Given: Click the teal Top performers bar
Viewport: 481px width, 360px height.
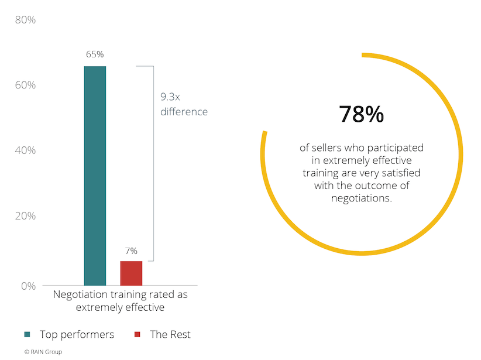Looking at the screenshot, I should pos(95,176).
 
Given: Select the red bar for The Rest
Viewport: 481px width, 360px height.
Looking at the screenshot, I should pos(131,273).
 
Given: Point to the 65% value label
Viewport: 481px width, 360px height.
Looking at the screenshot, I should pos(95,54).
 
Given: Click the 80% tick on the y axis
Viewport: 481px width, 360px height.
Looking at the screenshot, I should pos(25,20).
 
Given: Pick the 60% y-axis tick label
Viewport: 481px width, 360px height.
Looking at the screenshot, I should pos(25,85).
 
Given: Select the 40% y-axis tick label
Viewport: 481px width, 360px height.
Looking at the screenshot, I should pos(25,150).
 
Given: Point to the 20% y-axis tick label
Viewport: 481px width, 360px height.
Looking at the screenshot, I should pos(25,216).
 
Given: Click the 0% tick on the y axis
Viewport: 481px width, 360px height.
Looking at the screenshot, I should pos(29,286).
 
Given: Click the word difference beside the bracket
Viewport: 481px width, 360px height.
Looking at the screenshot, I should pos(184,111).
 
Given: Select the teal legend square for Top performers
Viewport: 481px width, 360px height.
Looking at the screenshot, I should pos(28,335).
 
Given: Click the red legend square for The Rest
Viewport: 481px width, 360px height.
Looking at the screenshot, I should pos(138,335).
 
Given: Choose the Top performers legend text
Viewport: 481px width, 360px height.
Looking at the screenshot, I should pos(77,335).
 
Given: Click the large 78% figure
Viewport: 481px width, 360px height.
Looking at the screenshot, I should pos(361,115).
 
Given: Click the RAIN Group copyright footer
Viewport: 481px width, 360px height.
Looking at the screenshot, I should pos(43,352).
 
